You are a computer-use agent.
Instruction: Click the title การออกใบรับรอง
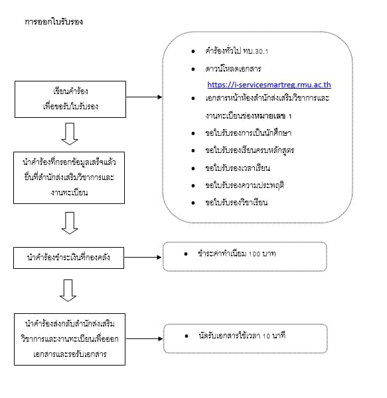54,21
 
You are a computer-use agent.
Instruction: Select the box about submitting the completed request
70,178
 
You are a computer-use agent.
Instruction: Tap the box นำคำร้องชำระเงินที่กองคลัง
70,258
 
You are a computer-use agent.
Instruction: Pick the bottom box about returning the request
70,338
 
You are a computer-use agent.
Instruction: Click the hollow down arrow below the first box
70,134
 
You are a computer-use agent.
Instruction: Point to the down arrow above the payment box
70,223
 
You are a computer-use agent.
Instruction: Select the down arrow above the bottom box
70,289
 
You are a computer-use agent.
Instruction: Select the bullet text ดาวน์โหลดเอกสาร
234,68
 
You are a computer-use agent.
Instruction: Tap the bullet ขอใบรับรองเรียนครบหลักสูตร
250,150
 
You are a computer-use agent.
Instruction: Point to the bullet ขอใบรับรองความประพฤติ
244,185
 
